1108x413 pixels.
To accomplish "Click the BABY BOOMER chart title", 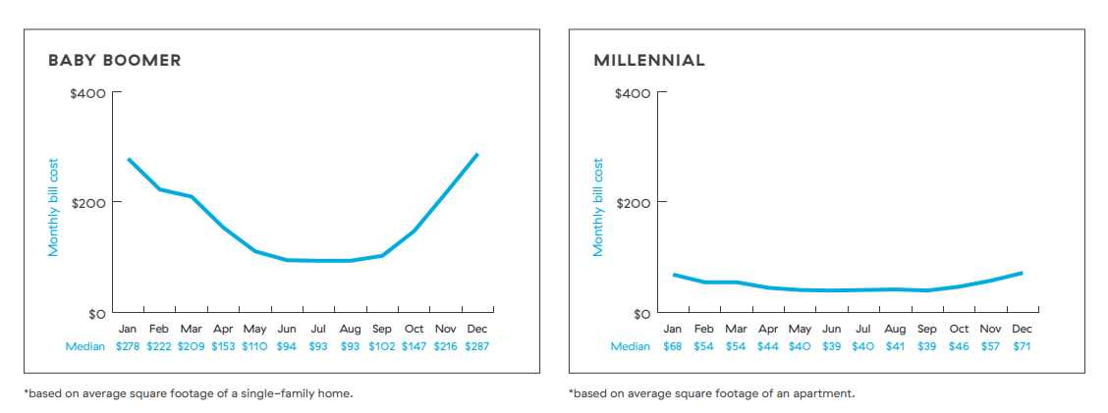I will tap(114, 61).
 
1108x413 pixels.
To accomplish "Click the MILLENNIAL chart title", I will tap(648, 61).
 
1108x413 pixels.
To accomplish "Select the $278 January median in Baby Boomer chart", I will tap(128, 346).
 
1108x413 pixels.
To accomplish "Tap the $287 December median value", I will tap(477, 346).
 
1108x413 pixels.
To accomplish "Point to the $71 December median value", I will tap(1022, 346).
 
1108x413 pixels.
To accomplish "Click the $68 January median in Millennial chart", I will tap(673, 346).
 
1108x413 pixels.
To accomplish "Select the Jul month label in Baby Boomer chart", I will tap(318, 330).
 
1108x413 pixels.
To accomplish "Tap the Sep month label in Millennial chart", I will tap(926, 330).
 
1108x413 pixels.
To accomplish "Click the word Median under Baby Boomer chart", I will tap(85, 346).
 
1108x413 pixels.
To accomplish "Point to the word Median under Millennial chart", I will tap(630, 346).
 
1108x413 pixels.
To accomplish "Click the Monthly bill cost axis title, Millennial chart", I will tap(598, 207).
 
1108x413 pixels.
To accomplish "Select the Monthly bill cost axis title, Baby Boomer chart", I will tap(54, 207).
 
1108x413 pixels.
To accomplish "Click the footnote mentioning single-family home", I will tap(188, 393).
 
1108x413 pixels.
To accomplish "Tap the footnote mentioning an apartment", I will tap(711, 393).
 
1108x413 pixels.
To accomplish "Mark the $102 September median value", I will tap(382, 346).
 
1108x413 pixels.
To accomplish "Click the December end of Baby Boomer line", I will tap(477, 154).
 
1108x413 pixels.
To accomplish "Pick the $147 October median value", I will tap(415, 346).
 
